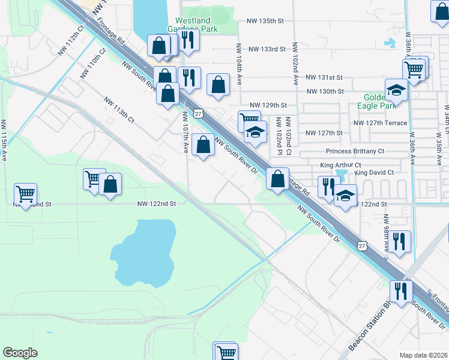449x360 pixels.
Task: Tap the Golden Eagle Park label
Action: pyautogui.click(x=380, y=101)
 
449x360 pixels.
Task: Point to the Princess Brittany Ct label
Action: pyautogui.click(x=355, y=152)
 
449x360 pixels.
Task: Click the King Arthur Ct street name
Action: pyautogui.click(x=340, y=165)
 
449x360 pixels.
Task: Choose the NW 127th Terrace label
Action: pyautogui.click(x=381, y=123)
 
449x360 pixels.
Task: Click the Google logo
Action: pyautogui.click(x=20, y=353)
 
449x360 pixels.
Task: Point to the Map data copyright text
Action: pyautogui.click(x=423, y=355)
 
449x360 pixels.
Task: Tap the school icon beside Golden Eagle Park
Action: pyautogui.click(x=396, y=90)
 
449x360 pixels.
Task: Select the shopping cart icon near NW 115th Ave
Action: pyautogui.click(x=26, y=194)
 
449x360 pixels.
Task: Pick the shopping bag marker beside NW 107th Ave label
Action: pyautogui.click(x=204, y=145)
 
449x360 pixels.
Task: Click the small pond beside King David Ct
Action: pyautogui.click(x=343, y=175)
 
